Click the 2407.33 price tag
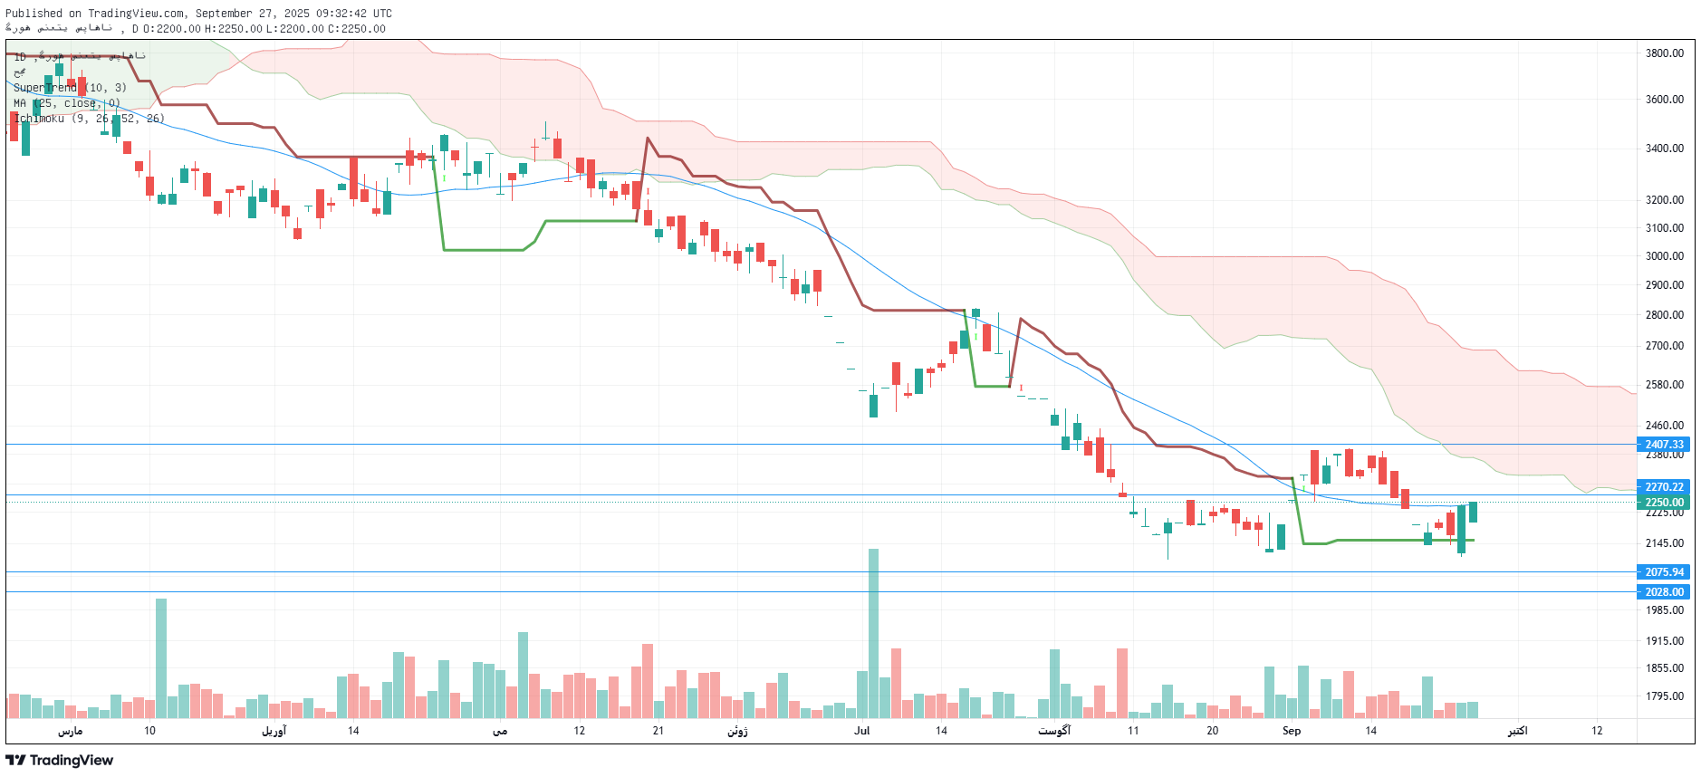[x=1664, y=445]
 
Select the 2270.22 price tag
[x=1664, y=487]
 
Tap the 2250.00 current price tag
[x=1664, y=503]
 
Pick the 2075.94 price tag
[x=1664, y=572]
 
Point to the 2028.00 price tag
[x=1664, y=592]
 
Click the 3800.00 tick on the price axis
[x=1664, y=53]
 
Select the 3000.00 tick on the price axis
[x=1664, y=256]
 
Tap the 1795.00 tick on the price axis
[x=1664, y=696]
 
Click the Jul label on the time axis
[x=861, y=731]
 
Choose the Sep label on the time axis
[x=1292, y=731]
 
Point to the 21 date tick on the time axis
[x=658, y=731]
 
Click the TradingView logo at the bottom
[x=60, y=760]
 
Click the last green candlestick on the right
[x=1473, y=513]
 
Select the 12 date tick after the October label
[x=1597, y=731]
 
